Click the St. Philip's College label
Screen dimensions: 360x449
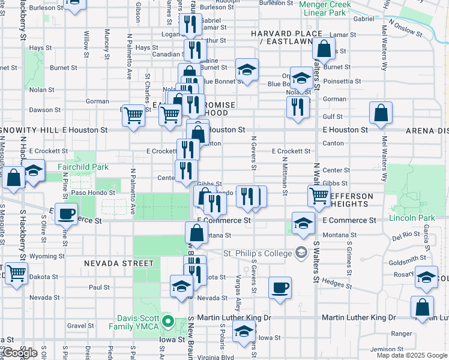(x=258, y=253)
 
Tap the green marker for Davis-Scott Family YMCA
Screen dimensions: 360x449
(x=169, y=322)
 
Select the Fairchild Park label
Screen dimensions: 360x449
(x=83, y=167)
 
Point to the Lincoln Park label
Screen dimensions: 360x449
(x=411, y=217)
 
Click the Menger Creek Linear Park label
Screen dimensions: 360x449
(x=325, y=8)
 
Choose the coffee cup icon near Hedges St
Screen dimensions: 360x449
(x=280, y=287)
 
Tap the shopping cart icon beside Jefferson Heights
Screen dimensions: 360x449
(x=319, y=194)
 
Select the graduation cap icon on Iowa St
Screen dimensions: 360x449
(x=244, y=331)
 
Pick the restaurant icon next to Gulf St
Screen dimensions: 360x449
(x=298, y=107)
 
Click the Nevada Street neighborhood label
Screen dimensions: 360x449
(x=119, y=263)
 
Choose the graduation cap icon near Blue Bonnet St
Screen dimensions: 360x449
(x=246, y=70)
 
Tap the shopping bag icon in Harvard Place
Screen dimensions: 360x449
(x=324, y=48)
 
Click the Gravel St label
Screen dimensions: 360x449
(x=77, y=326)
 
